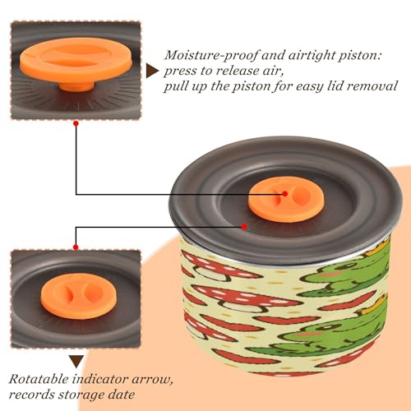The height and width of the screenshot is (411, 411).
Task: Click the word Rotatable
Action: point(39,379)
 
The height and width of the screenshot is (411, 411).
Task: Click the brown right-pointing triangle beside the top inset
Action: point(152,71)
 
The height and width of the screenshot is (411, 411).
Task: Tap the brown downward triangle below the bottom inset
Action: point(76,362)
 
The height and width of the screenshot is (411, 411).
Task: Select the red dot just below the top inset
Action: point(76,123)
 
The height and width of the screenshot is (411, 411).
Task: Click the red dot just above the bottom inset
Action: point(76,247)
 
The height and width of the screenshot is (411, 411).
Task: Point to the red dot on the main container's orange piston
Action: point(285,194)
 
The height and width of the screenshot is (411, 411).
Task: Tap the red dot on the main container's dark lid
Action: point(244,227)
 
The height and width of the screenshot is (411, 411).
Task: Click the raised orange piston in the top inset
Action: point(76,60)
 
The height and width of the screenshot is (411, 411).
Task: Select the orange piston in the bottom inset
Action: point(79,296)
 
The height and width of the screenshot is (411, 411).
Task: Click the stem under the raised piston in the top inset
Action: point(76,85)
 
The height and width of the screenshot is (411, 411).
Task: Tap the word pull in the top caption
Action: point(176,87)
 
